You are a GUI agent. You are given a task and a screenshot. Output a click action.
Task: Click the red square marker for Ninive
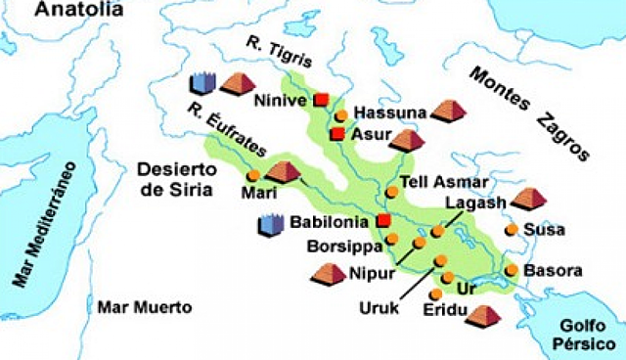320,100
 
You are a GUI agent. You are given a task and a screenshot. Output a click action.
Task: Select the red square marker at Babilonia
383,220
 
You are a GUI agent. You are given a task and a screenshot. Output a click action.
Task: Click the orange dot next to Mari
253,175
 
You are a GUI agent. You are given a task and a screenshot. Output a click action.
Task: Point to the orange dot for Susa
511,230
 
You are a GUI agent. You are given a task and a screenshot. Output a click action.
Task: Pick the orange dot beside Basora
511,269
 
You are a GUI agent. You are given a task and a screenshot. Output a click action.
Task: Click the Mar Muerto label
144,306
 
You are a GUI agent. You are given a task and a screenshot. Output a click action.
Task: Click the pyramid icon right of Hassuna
449,110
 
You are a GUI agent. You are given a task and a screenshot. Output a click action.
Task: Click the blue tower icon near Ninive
200,83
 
